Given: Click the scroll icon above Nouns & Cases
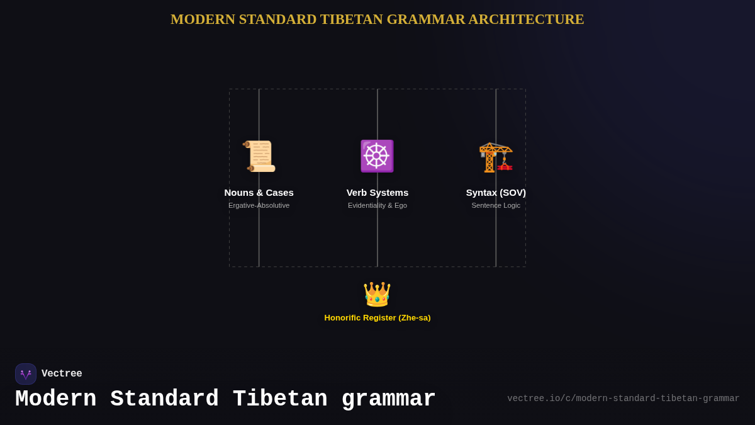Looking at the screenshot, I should [259, 156].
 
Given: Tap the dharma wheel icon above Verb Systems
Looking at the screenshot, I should [377, 156].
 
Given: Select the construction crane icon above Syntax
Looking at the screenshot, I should [496, 157].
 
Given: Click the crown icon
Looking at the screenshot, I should [377, 294].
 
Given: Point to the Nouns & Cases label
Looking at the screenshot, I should [259, 193].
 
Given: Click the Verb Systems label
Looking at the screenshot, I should [377, 193].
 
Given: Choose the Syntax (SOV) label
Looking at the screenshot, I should [496, 193].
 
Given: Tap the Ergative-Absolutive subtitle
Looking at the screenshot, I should [259, 205].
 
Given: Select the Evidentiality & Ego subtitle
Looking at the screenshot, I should [377, 205].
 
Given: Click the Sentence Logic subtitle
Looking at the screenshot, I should [496, 205].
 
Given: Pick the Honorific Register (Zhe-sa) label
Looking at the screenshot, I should [377, 318].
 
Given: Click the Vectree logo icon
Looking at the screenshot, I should [26, 374].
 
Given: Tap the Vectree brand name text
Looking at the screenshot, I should [62, 374].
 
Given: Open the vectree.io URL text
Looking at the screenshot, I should [623, 399].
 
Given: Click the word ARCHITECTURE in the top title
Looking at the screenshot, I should [526, 20].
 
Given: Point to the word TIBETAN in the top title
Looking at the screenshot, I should [351, 20].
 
